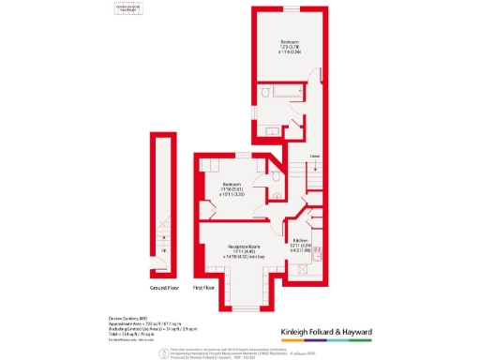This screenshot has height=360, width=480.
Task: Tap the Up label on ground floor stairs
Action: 166,250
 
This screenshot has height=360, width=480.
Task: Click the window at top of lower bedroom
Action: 232,154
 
